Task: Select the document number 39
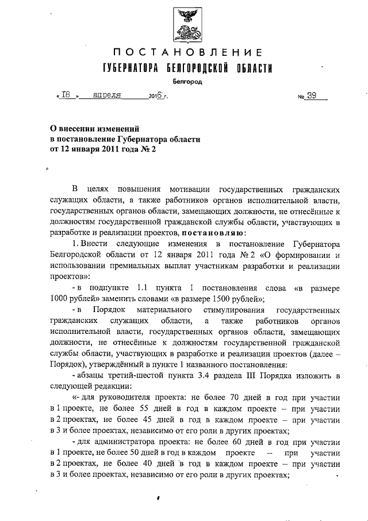coord(312,96)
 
